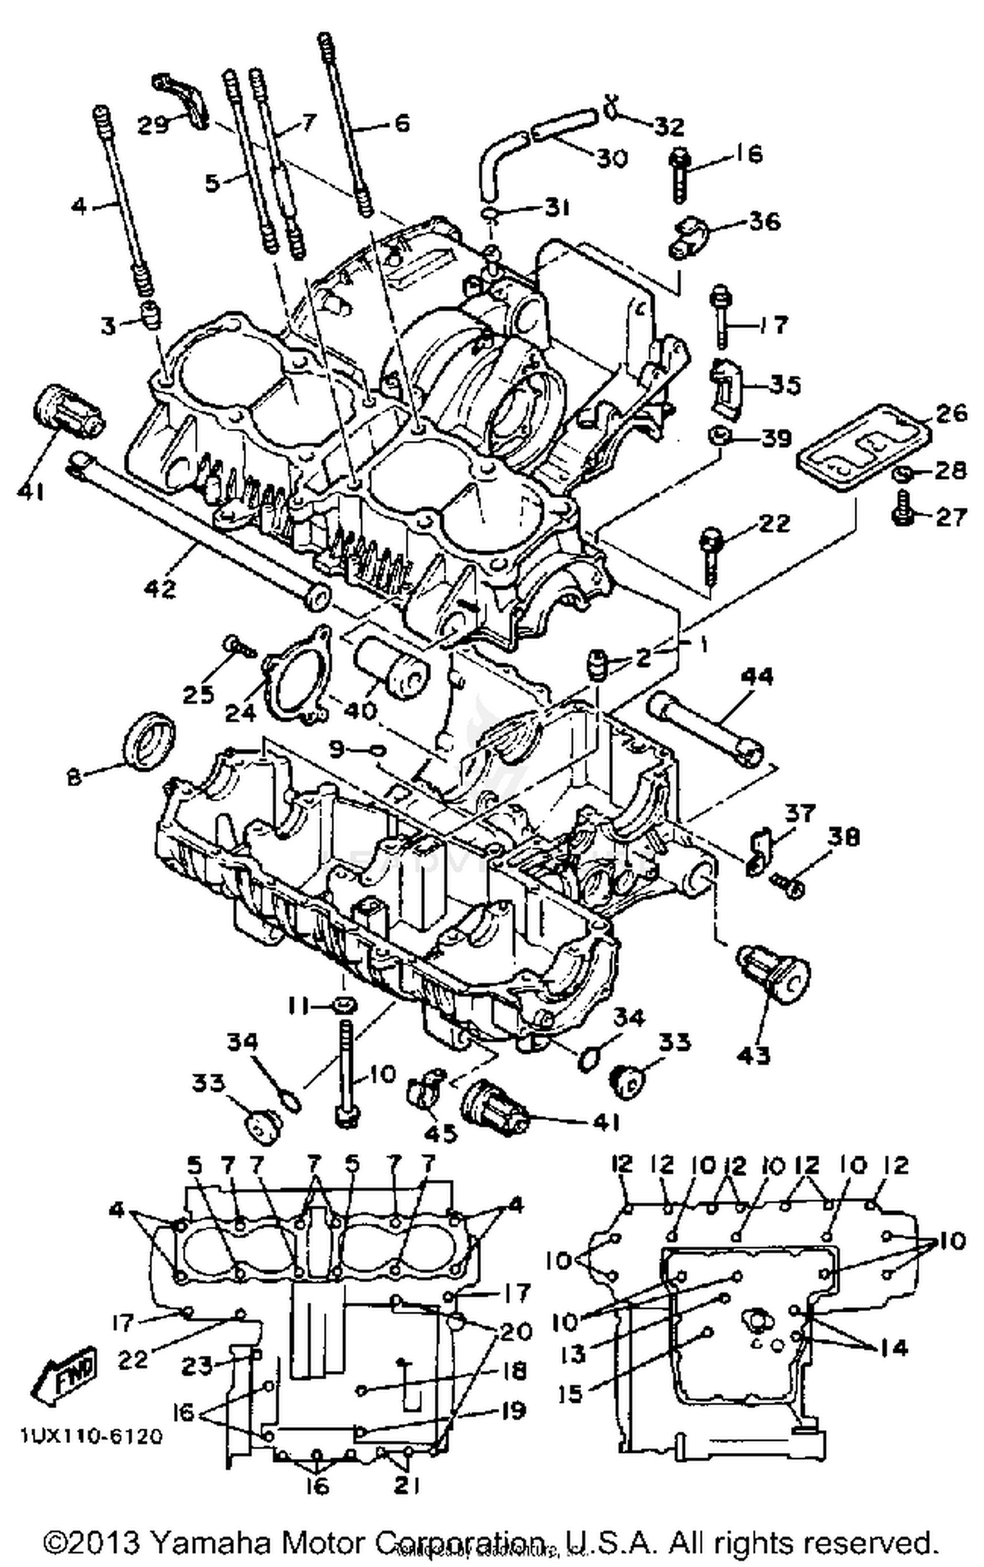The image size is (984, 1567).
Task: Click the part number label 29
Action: (x=152, y=125)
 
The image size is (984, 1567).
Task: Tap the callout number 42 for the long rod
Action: (x=161, y=587)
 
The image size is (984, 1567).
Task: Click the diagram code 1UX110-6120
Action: (x=91, y=1437)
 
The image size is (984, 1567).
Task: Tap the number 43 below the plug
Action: (x=754, y=1055)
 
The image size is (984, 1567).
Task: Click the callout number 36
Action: (x=764, y=221)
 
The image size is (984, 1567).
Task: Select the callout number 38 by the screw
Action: (x=843, y=837)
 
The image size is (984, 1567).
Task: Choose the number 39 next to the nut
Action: (x=775, y=438)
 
